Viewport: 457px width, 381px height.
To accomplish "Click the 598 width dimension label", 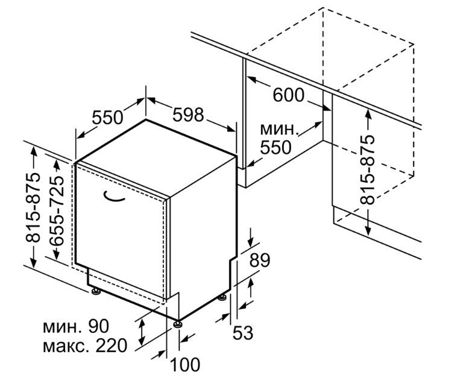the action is tap(188, 115).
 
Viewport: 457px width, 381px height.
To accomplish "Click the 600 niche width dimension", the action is tap(289, 95).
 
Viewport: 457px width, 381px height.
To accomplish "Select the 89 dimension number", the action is tap(260, 260).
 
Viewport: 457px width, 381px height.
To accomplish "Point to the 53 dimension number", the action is tap(243, 332).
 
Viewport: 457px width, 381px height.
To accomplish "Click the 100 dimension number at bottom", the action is tap(185, 364).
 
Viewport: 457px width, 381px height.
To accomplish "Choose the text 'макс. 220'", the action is tap(85, 345).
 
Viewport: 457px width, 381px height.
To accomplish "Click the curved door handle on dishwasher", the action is tap(113, 197).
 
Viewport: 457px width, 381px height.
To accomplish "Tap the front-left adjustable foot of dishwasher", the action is tap(95, 291).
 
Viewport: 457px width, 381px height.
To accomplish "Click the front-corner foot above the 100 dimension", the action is tap(177, 324).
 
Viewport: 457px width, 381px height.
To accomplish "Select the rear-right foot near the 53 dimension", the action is tap(223, 298).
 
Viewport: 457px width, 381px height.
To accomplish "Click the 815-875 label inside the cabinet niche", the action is tap(367, 169).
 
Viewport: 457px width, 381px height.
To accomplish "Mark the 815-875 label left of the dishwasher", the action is tap(33, 207).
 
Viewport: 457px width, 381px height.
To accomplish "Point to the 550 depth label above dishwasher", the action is tap(107, 118).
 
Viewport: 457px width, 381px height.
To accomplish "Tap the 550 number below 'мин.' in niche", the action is tap(276, 147).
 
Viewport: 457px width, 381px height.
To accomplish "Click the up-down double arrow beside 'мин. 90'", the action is tap(142, 332).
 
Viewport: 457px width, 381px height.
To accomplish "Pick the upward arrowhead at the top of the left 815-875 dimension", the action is tap(34, 151).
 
